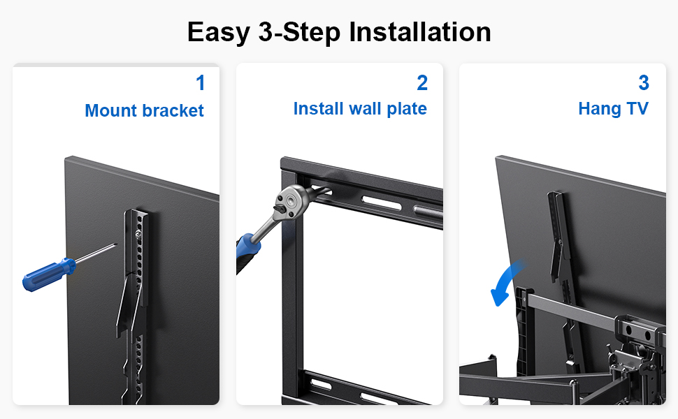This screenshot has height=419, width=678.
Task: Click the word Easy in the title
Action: (219, 33)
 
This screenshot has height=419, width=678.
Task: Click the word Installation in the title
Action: (420, 31)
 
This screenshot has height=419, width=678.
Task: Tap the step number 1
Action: (200, 82)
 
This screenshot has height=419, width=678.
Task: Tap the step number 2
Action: (422, 82)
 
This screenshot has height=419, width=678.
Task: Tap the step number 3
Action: (644, 82)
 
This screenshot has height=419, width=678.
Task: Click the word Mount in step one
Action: (111, 110)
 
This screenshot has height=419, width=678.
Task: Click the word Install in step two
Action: (319, 108)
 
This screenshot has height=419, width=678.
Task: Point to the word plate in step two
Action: (407, 109)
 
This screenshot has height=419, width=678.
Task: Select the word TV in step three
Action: (637, 108)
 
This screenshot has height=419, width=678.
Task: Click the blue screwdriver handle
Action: (48, 274)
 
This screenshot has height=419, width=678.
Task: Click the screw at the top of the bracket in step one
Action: (138, 235)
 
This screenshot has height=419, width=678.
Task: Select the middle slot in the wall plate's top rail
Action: (382, 202)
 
